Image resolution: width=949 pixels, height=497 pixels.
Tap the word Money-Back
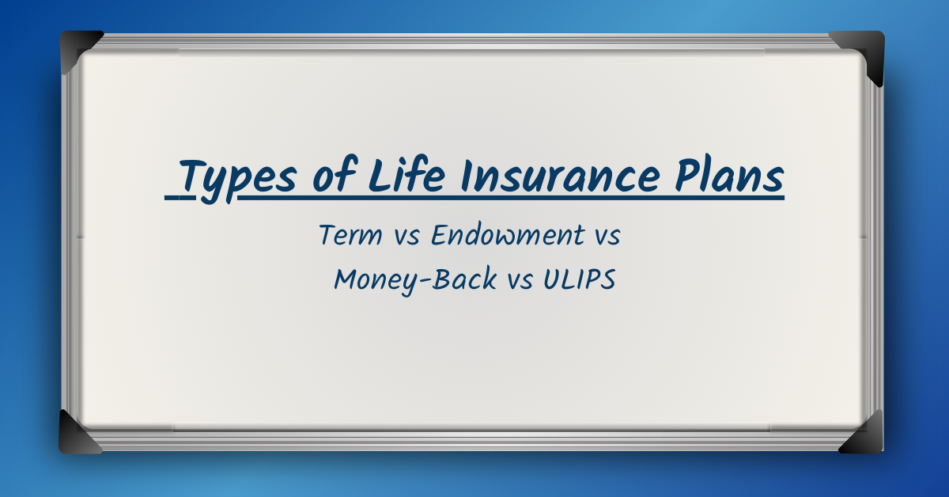pyautogui.click(x=416, y=279)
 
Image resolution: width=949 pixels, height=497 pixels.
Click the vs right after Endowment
pyautogui.click(x=607, y=237)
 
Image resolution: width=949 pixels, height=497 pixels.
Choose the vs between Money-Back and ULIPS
pyautogui.click(x=520, y=281)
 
